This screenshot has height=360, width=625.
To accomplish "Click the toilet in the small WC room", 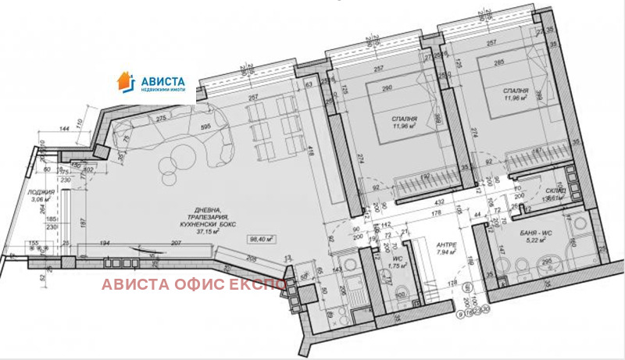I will coord(402,294).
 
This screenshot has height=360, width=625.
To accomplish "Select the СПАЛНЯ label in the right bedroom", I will coord(518,91).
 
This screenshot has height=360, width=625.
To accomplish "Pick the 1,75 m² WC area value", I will coord(399,267).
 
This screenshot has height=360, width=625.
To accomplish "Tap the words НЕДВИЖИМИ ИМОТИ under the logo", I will coord(162,90).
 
